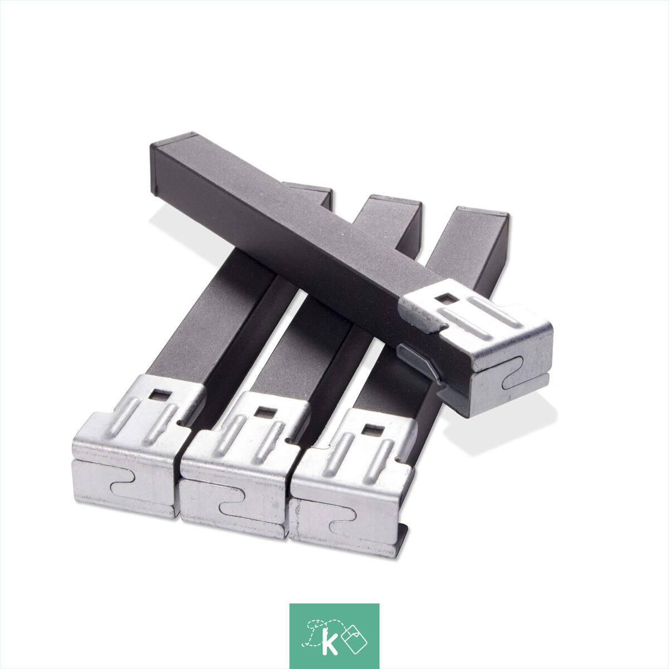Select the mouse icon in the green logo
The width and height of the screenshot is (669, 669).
point(354,635)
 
